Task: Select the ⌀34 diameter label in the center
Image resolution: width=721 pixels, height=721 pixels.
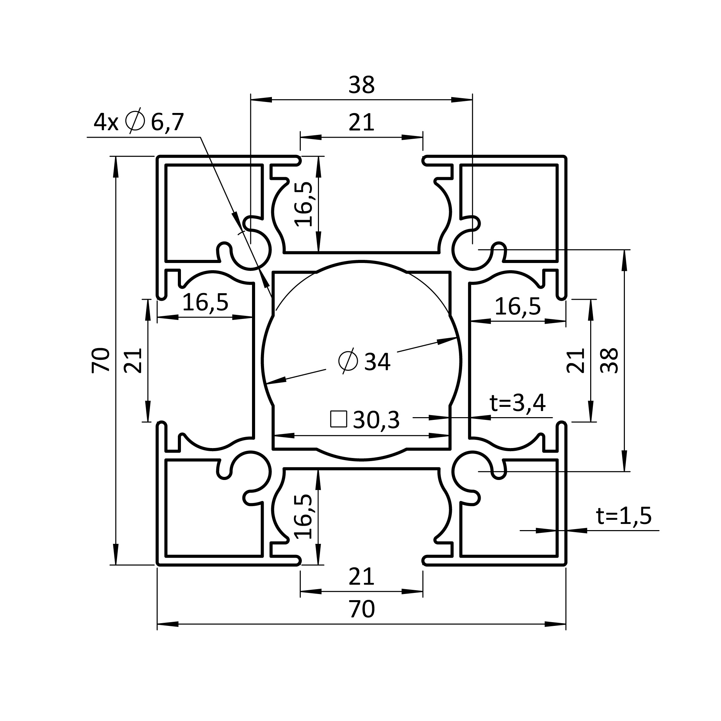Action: point(364,361)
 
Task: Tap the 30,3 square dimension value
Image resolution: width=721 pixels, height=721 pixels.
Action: point(376,420)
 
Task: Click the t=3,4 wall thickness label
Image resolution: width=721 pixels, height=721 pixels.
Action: point(518,403)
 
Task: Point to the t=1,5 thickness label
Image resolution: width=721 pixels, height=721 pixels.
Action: point(624,516)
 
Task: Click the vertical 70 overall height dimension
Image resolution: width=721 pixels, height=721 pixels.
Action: point(101,360)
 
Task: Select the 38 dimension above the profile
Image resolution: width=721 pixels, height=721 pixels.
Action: point(362,85)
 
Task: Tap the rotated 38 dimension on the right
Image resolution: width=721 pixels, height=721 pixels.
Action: point(609,360)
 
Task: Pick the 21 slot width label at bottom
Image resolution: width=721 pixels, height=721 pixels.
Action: point(361,576)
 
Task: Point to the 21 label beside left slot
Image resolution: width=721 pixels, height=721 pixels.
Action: point(133,360)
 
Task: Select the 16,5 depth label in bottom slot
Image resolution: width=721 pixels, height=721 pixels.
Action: point(304,517)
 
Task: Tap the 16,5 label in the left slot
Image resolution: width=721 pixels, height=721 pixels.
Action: point(205,302)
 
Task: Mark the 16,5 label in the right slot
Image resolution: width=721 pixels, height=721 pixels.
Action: point(518,307)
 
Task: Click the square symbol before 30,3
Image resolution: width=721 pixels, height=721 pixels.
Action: point(339,419)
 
